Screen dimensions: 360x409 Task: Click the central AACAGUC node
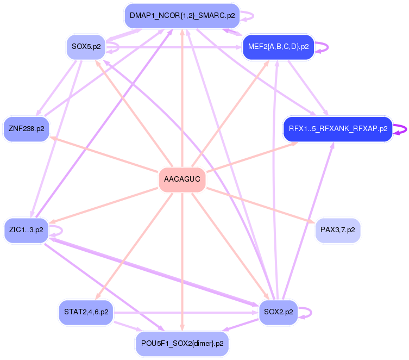click(x=182, y=179)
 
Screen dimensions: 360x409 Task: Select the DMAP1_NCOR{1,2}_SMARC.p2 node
click(x=182, y=16)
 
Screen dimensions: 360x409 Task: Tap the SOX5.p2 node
click(x=85, y=47)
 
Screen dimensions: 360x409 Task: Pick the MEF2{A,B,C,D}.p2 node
click(x=278, y=47)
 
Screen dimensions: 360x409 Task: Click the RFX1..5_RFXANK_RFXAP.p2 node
click(x=337, y=129)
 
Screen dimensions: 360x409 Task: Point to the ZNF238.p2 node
click(x=26, y=129)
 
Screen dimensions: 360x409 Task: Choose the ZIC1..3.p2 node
click(x=27, y=230)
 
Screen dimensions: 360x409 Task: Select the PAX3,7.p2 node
click(x=337, y=230)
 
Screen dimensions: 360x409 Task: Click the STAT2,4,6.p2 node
click(x=86, y=312)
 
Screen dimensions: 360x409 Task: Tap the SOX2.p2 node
click(x=278, y=312)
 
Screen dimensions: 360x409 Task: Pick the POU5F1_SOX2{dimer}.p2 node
click(x=182, y=343)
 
